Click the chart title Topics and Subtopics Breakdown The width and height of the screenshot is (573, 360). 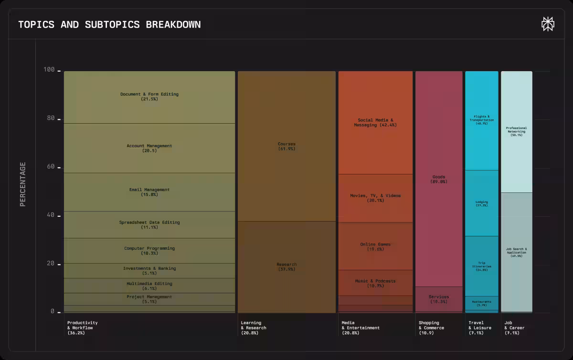click(109, 24)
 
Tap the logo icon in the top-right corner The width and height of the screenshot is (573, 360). click(548, 24)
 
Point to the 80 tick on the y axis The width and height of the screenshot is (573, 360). click(50, 118)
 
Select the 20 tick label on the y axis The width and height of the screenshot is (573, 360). click(50, 264)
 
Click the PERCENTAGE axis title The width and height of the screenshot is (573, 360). click(22, 184)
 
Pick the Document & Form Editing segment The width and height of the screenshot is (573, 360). click(149, 97)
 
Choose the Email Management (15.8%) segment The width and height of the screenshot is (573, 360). click(149, 192)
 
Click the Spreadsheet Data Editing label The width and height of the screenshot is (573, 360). click(149, 222)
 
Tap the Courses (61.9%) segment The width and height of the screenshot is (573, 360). click(286, 146)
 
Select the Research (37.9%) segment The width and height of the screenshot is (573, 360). click(286, 266)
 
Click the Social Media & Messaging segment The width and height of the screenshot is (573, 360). click(375, 123)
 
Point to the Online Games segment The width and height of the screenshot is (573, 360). click(375, 246)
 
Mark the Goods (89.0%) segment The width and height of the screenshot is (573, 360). click(439, 179)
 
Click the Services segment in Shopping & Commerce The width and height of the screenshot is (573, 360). click(439, 299)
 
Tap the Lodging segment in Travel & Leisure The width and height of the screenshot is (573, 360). click(481, 203)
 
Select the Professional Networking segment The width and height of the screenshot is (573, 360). click(516, 131)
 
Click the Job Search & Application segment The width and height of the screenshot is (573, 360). click(516, 252)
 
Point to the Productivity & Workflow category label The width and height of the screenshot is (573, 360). click(83, 328)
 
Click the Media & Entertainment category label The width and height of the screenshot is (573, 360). click(361, 328)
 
